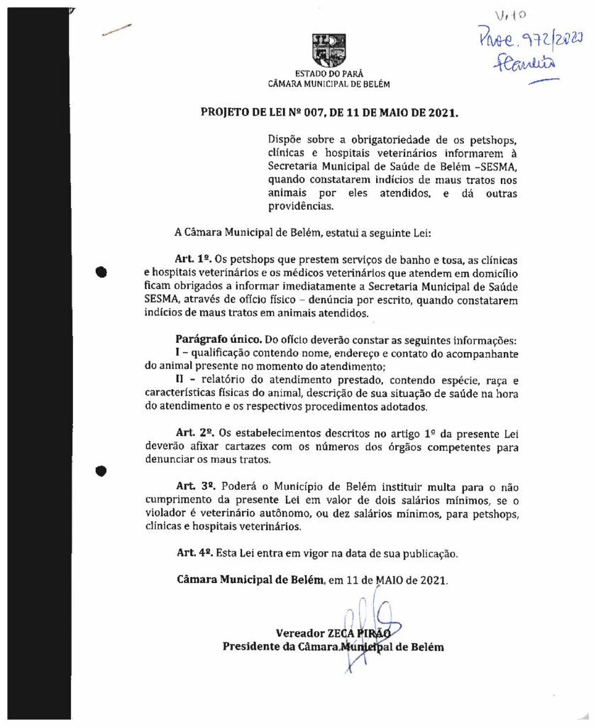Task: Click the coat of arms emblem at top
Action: (x=329, y=50)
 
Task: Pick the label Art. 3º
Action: (x=195, y=486)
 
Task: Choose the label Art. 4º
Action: (x=194, y=553)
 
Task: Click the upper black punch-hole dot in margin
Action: (x=101, y=270)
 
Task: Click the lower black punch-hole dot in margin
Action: (x=101, y=470)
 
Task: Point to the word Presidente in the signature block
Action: (x=253, y=647)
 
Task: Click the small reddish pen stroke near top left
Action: (x=116, y=30)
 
